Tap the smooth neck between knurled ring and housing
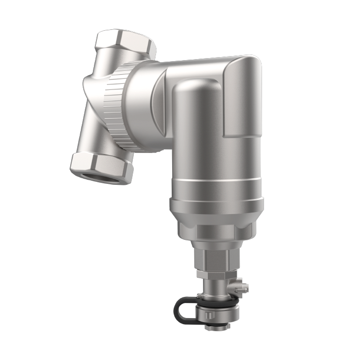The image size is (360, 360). (x=141, y=109)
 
